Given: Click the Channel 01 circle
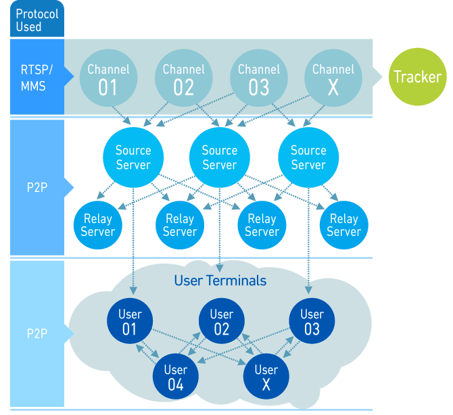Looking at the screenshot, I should (108, 78).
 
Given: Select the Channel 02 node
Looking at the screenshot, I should (183, 78).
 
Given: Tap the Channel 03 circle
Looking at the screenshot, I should (258, 78).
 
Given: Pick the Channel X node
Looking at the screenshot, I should (333, 78).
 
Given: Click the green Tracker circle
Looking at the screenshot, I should (417, 76).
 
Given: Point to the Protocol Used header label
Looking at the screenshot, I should (37, 20).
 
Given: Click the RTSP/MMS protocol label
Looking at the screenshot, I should (37, 77).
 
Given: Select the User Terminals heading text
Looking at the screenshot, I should (220, 280).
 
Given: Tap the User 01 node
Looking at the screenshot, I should (130, 322).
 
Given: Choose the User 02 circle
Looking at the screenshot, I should (221, 322).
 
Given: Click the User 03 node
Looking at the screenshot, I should (312, 322).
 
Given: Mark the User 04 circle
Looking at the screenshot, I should (175, 377).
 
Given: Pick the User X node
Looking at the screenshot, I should (266, 377).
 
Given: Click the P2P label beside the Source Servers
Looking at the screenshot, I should (37, 187).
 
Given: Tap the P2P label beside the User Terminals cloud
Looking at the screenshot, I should (37, 334).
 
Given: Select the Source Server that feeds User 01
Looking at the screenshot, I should (133, 157).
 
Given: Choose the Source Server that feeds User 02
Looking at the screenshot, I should (220, 157).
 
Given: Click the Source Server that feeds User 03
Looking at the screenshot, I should (308, 157).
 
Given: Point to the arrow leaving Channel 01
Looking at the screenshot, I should (121, 113).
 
